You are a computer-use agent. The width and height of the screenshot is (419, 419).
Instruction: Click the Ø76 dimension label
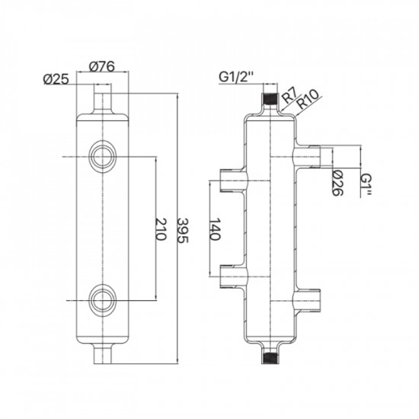[102, 66]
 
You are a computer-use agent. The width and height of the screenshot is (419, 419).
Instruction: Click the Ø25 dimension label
[57, 79]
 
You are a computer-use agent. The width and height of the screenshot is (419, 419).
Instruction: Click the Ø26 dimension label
[337, 182]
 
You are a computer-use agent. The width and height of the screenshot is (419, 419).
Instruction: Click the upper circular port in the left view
[102, 157]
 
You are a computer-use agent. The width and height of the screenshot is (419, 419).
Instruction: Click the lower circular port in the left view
[102, 299]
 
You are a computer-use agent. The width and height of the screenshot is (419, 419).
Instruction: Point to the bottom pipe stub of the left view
[102, 353]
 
